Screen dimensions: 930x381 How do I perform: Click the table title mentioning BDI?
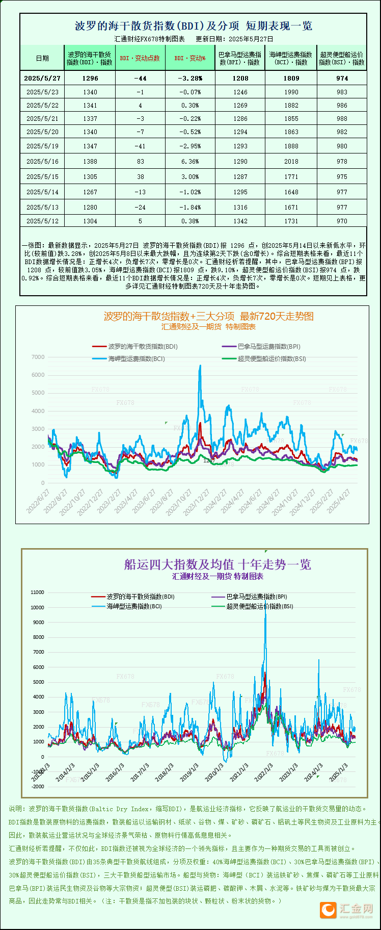[193, 26]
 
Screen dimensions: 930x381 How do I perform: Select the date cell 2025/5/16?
[42, 162]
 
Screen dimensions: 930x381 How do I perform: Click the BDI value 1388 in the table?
[90, 162]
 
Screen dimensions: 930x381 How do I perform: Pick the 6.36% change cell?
[190, 162]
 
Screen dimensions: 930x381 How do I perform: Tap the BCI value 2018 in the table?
[291, 162]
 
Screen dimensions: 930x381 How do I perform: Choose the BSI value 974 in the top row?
[342, 79]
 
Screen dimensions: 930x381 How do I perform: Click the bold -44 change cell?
[140, 79]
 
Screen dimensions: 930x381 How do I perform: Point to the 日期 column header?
[42, 58]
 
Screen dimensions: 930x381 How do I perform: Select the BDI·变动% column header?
[190, 58]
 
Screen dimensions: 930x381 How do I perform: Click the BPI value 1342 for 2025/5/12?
[240, 221]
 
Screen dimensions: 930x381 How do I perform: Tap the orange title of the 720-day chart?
[208, 316]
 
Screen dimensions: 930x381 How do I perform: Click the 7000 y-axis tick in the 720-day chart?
[38, 357]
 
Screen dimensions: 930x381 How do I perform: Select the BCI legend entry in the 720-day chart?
[136, 359]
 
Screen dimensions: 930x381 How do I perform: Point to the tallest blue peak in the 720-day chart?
[200, 366]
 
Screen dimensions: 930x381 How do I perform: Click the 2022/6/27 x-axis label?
[38, 501]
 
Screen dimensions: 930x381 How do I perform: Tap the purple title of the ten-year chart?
[217, 564]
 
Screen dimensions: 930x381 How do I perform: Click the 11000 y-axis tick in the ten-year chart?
[38, 592]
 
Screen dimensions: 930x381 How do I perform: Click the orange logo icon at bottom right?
[328, 910]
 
